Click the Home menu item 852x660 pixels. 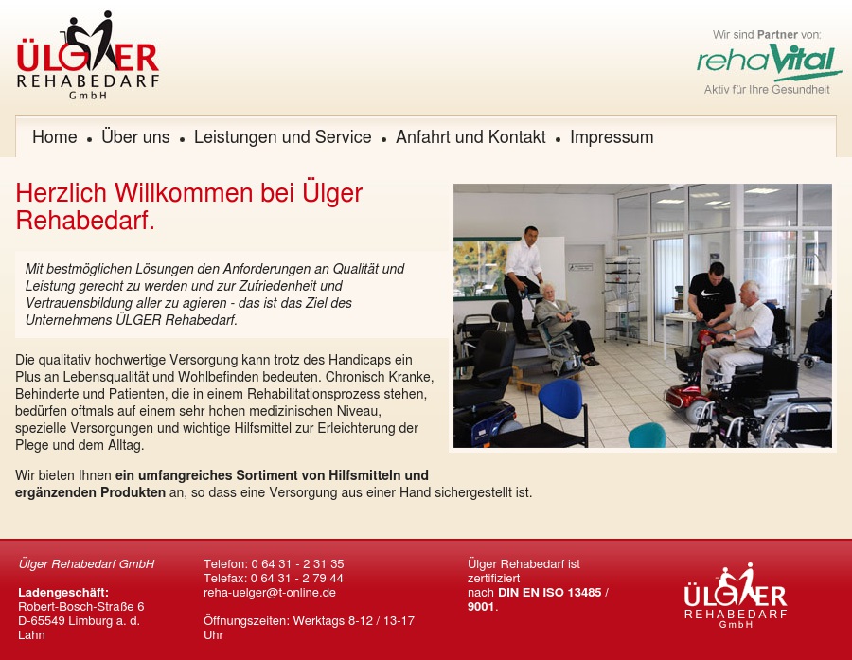click(55, 137)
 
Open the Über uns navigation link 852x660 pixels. click(135, 137)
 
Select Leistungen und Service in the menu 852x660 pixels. click(282, 137)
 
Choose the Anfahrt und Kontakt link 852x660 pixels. click(470, 137)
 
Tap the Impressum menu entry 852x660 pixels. click(612, 137)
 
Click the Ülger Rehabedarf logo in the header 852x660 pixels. click(88, 56)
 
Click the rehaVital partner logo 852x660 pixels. click(769, 63)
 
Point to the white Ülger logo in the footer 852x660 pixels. click(736, 596)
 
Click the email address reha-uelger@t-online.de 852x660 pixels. click(270, 593)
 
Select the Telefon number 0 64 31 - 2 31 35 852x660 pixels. click(297, 564)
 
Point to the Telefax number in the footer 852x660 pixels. click(296, 579)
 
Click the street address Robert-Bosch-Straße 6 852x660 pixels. click(81, 607)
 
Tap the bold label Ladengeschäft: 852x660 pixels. click(63, 593)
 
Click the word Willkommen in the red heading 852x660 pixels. click(186, 194)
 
